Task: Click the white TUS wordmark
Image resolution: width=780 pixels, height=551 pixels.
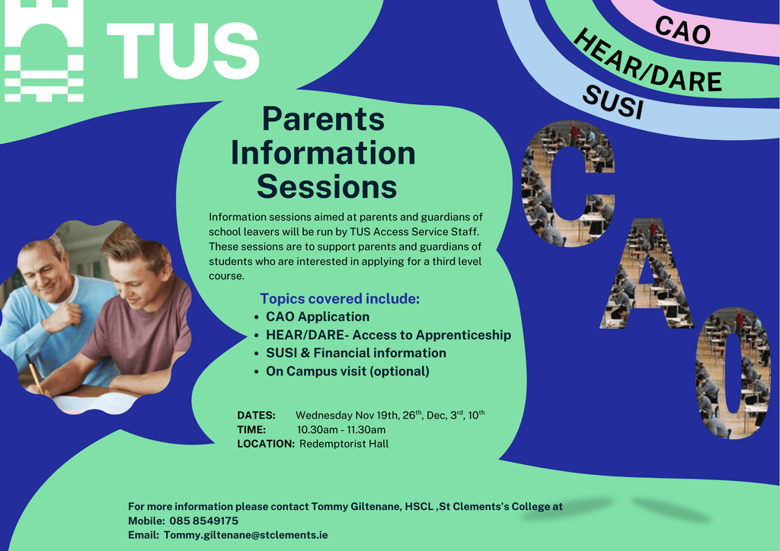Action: click(x=183, y=50)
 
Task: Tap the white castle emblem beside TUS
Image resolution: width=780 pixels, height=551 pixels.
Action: click(x=43, y=51)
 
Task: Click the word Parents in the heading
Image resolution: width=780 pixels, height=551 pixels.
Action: click(x=323, y=119)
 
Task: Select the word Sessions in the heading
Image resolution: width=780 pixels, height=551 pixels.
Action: click(x=327, y=186)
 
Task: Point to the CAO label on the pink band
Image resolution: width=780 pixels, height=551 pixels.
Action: click(x=682, y=30)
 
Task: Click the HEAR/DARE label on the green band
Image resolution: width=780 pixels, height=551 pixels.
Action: click(x=647, y=62)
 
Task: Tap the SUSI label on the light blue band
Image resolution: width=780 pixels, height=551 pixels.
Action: click(x=613, y=102)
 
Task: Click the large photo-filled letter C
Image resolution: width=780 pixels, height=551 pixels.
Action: click(x=568, y=183)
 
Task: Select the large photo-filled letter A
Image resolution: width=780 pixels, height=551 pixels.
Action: click(x=647, y=273)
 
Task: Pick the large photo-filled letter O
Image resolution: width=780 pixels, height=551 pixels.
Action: click(x=734, y=373)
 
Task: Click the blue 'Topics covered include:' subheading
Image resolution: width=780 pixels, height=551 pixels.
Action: click(x=340, y=298)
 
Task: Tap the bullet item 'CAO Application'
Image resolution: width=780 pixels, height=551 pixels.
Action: click(x=318, y=317)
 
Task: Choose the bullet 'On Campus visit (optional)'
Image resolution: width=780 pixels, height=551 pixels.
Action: click(x=347, y=371)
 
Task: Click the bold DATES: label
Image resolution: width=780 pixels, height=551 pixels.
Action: click(x=256, y=416)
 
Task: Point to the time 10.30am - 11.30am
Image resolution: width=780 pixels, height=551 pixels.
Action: click(x=341, y=430)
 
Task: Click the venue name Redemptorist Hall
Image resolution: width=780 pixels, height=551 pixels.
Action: click(x=344, y=444)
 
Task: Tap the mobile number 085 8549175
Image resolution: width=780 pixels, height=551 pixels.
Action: click(x=204, y=521)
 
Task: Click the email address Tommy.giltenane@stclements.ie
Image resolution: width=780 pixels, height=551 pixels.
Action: click(x=246, y=535)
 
